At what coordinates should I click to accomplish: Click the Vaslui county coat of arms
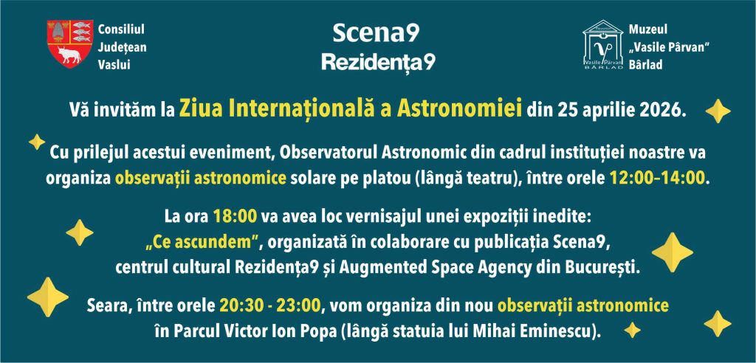click(70, 44)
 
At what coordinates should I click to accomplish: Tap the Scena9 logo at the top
click(376, 32)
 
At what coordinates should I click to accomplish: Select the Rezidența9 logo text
click(378, 62)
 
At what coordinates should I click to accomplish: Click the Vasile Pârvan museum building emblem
click(602, 45)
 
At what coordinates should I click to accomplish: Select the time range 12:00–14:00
click(656, 179)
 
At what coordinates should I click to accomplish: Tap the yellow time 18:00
click(236, 217)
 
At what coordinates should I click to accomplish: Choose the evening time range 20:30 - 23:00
click(270, 305)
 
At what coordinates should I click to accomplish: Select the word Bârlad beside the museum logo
click(645, 65)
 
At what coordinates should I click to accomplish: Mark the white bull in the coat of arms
click(69, 54)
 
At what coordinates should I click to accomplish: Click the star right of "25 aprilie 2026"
click(718, 111)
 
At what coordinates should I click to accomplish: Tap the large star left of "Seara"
click(48, 297)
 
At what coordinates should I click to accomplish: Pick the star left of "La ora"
click(80, 232)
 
